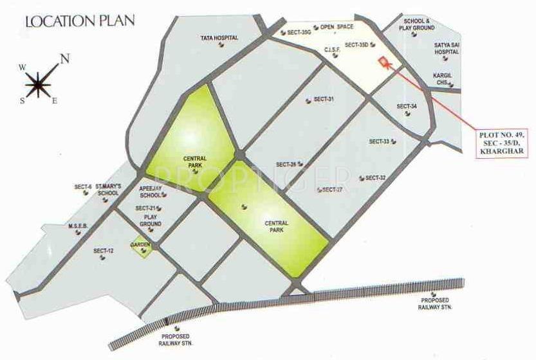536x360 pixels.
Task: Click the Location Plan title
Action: coord(80,20)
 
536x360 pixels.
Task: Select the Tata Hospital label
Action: coord(219,38)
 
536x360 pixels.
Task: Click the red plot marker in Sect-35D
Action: coord(384,62)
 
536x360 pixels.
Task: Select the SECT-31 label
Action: coord(323,99)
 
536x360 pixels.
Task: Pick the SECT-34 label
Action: coord(407,106)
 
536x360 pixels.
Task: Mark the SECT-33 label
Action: coord(380,141)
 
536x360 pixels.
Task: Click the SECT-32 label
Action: coord(375,177)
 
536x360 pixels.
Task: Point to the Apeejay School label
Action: coord(151,192)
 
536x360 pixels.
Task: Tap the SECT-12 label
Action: coord(103,251)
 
